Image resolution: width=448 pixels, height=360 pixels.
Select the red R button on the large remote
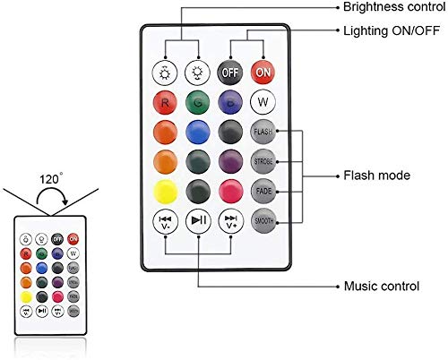click(163, 100)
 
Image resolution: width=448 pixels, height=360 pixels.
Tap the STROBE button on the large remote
click(263, 161)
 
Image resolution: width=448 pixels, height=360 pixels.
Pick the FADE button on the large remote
click(263, 191)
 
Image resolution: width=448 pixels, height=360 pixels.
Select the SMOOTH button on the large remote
click(263, 221)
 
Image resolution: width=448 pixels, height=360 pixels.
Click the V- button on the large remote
click(163, 221)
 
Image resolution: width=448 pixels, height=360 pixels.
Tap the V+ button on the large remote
click(230, 221)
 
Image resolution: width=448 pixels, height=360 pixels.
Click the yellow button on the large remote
click(163, 191)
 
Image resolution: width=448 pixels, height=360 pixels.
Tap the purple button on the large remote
click(230, 161)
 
